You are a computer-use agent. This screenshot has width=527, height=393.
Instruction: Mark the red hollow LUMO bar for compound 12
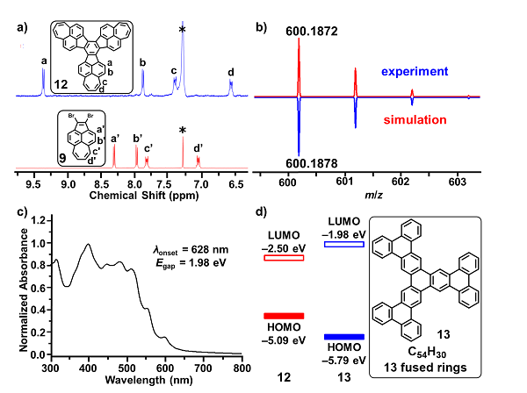pos(284,258)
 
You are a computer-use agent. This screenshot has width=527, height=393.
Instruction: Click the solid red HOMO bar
pos(283,316)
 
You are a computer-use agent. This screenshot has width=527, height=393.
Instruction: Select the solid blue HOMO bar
pos(344,337)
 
